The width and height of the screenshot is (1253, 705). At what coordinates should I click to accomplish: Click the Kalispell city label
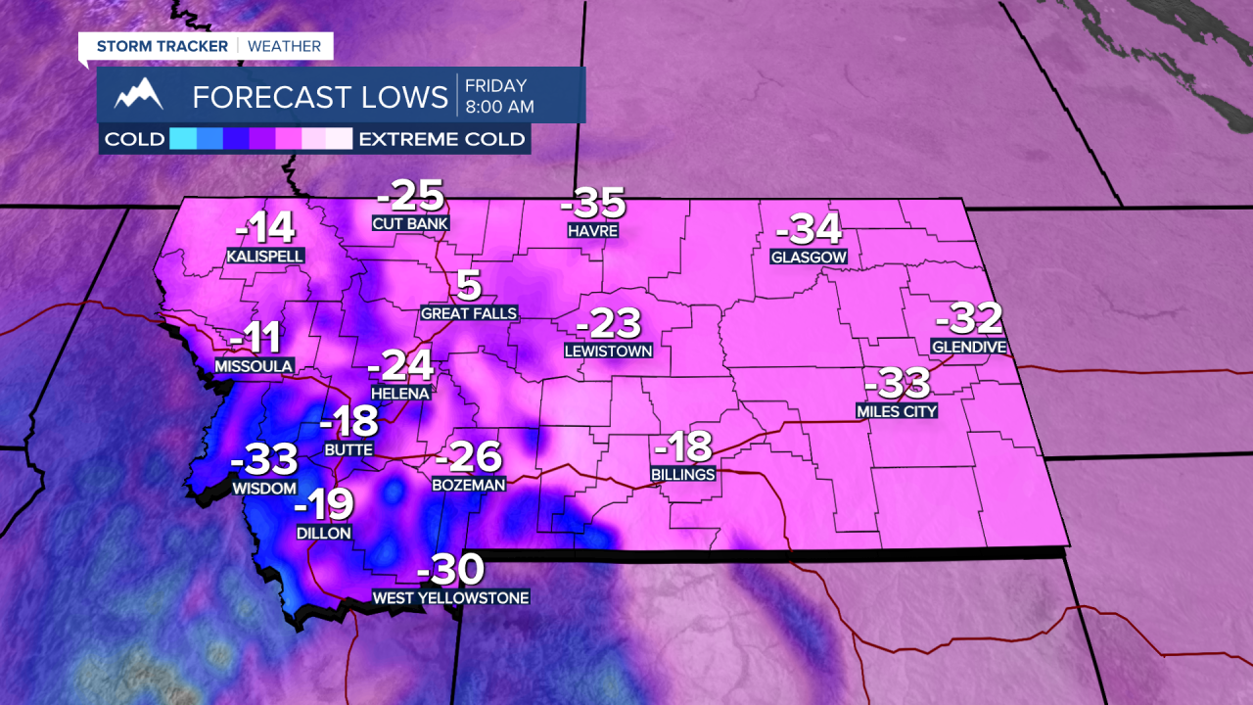[x=264, y=256]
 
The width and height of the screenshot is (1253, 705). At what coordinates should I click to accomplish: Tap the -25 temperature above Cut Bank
[x=410, y=197]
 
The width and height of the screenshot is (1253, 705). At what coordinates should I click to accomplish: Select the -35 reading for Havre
[x=592, y=204]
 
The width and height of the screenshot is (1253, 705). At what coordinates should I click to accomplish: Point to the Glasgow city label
[x=808, y=258]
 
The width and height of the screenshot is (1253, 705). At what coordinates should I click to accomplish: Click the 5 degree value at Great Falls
[x=469, y=286]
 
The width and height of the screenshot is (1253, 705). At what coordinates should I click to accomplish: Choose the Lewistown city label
[x=608, y=350]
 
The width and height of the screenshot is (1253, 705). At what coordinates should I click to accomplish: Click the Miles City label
[x=897, y=411]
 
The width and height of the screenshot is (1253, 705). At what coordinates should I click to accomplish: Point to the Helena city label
[x=399, y=393]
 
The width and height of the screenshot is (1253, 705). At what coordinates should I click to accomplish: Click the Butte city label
[x=348, y=449]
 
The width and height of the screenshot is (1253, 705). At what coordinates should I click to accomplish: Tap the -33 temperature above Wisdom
[x=263, y=458]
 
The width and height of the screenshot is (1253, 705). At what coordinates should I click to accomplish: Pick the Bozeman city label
[x=469, y=485]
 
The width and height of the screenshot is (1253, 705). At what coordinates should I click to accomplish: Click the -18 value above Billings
[x=682, y=447]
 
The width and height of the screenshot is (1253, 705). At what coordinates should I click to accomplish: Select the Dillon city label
[x=324, y=534]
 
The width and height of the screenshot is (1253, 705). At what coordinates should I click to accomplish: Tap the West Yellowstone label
[x=450, y=597]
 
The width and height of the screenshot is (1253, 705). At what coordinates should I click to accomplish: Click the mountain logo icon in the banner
[x=138, y=95]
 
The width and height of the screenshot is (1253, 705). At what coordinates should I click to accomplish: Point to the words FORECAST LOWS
[x=320, y=97]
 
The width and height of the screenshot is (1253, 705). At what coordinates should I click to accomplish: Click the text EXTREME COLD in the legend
[x=441, y=139]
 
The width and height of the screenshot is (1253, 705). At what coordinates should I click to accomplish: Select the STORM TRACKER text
[x=162, y=46]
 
